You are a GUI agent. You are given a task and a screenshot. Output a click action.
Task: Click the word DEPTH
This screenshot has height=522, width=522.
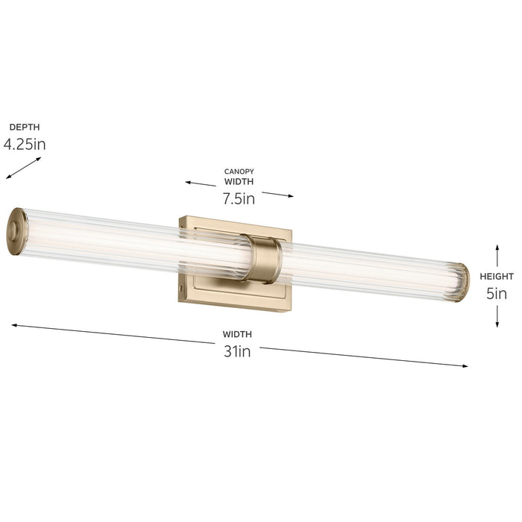(25, 127)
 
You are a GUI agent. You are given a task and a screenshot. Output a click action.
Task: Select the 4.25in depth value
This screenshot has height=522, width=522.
(25, 144)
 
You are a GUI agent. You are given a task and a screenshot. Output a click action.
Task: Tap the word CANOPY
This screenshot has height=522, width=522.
(239, 172)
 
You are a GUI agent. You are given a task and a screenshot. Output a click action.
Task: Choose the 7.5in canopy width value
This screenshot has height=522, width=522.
(239, 198)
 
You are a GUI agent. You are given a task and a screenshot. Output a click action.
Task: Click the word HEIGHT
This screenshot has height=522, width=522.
(495, 276)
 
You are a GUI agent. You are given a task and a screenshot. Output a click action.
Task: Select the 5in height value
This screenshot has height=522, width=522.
(496, 293)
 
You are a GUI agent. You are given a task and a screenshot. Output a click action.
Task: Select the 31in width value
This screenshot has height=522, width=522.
(237, 351)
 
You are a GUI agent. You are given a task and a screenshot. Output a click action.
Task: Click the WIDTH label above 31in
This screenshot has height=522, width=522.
(237, 334)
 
